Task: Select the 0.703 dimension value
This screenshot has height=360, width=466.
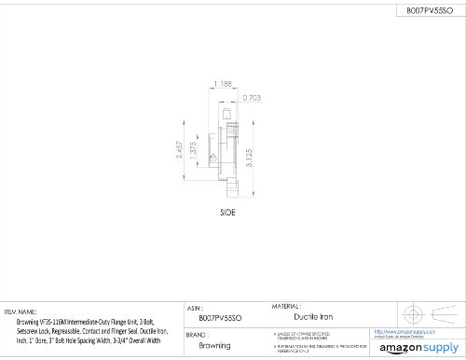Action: point(251,97)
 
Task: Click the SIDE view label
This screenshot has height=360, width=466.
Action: point(227,212)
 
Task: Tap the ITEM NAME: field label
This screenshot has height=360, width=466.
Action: point(21,312)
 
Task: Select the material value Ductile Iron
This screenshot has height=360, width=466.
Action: point(315,316)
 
